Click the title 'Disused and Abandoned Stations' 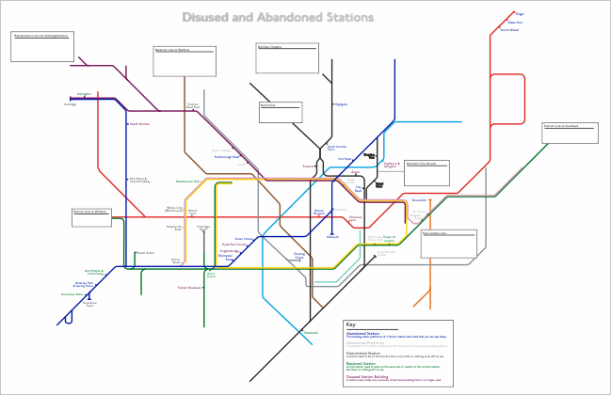278,18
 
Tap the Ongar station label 520,14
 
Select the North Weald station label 509,30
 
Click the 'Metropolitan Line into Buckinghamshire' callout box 42,46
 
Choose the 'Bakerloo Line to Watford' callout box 185,61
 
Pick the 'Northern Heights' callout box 287,57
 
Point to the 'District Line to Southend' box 563,133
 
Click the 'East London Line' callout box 448,244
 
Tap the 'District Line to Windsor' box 91,217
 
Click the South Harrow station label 139,123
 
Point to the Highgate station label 341,104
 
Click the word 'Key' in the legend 351,324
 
